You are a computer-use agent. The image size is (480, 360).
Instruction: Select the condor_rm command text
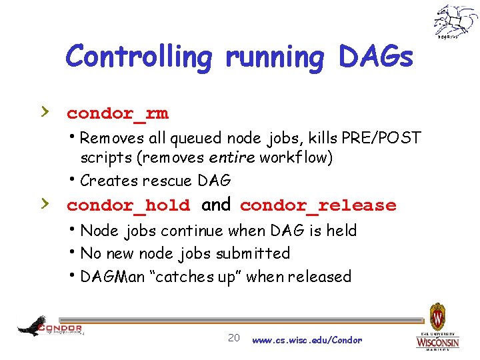pos(117,114)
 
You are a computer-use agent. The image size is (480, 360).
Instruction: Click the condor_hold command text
pos(128,206)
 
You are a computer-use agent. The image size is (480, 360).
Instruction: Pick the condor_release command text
pos(318,206)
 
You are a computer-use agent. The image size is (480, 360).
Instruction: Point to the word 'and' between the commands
pos(215,205)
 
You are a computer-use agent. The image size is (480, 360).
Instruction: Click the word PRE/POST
pos(381,139)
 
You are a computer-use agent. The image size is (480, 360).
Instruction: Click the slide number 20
pos(233,338)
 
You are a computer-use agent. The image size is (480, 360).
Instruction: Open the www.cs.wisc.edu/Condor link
pos(307,340)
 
